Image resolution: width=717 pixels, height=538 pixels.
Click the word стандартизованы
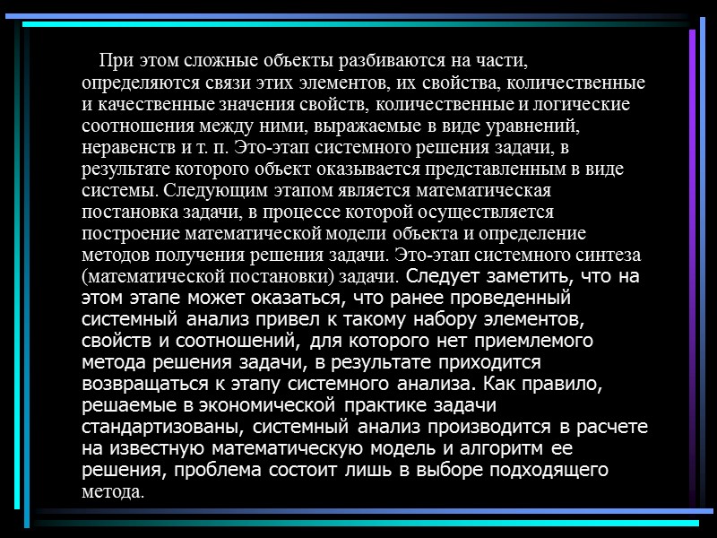157,426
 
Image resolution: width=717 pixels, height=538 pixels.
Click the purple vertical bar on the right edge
691,269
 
